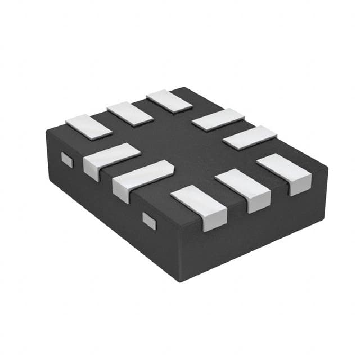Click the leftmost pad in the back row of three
coord(88,126)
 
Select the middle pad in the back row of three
coord(130,113)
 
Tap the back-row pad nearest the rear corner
coord(169,101)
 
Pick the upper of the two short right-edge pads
coord(218,119)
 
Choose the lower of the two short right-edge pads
coord(250,137)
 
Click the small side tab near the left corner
coord(67,160)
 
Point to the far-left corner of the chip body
coord(47,130)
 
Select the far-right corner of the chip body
coord(327,168)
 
